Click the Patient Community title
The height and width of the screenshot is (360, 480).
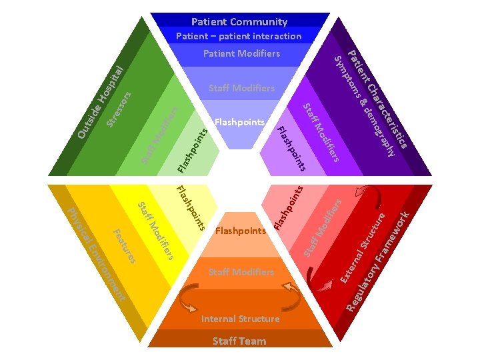[x=239, y=22]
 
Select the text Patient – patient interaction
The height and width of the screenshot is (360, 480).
[x=239, y=36]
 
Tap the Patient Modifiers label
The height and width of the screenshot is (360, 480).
[x=241, y=53]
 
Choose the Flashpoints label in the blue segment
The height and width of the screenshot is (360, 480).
[x=240, y=123]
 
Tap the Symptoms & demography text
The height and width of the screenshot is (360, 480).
[x=367, y=107]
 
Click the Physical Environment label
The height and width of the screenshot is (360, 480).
[x=97, y=254]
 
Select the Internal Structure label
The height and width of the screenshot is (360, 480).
[x=239, y=319]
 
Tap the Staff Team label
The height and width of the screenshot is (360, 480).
[x=239, y=341]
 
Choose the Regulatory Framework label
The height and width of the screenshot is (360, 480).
[x=379, y=260]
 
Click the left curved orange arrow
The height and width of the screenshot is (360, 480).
[x=188, y=297]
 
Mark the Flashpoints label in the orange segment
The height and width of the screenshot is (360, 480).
[x=241, y=231]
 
